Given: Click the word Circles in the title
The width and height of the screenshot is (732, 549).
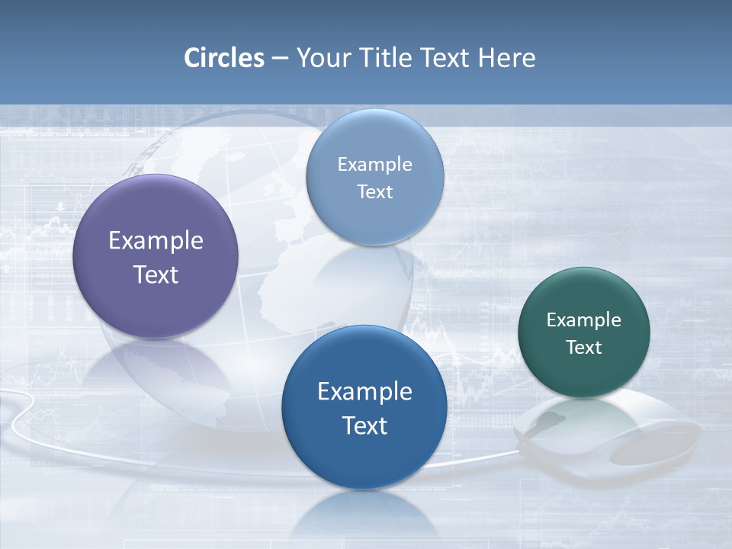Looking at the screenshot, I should [224, 58].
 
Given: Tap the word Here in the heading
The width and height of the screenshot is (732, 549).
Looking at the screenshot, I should [506, 58].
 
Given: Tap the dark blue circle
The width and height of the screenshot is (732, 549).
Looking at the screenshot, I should [364, 457].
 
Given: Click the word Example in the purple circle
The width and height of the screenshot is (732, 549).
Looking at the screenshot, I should [156, 241].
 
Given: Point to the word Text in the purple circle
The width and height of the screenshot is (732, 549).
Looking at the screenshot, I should [156, 274].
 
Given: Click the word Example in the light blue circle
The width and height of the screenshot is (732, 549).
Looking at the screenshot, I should [374, 164].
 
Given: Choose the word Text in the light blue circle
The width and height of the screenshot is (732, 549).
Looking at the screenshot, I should [374, 191].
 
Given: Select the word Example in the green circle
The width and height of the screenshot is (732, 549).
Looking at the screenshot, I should [584, 319].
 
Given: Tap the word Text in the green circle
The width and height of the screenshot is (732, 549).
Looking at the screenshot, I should [584, 347].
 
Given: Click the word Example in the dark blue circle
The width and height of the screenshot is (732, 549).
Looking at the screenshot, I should [364, 391].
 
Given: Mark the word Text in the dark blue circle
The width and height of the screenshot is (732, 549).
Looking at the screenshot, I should [364, 425].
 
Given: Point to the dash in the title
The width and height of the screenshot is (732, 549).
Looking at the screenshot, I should [280, 59].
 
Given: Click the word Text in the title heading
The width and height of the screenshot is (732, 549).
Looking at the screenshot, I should [446, 58].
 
